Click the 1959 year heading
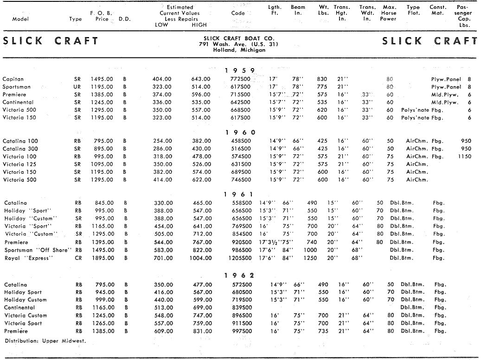click(x=240, y=70)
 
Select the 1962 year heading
click(x=240, y=276)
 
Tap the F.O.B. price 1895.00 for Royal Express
click(x=102, y=258)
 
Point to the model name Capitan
click(x=13, y=79)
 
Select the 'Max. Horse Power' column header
click(x=389, y=13)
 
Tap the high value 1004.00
click(x=201, y=258)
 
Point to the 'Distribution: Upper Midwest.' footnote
click(x=45, y=341)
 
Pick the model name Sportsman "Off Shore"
click(x=38, y=250)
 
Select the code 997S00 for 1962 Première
click(x=242, y=331)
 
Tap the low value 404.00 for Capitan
click(x=162, y=79)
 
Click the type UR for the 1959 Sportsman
click(x=77, y=87)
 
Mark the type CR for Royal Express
click(x=78, y=258)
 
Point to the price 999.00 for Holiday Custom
click(x=103, y=300)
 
